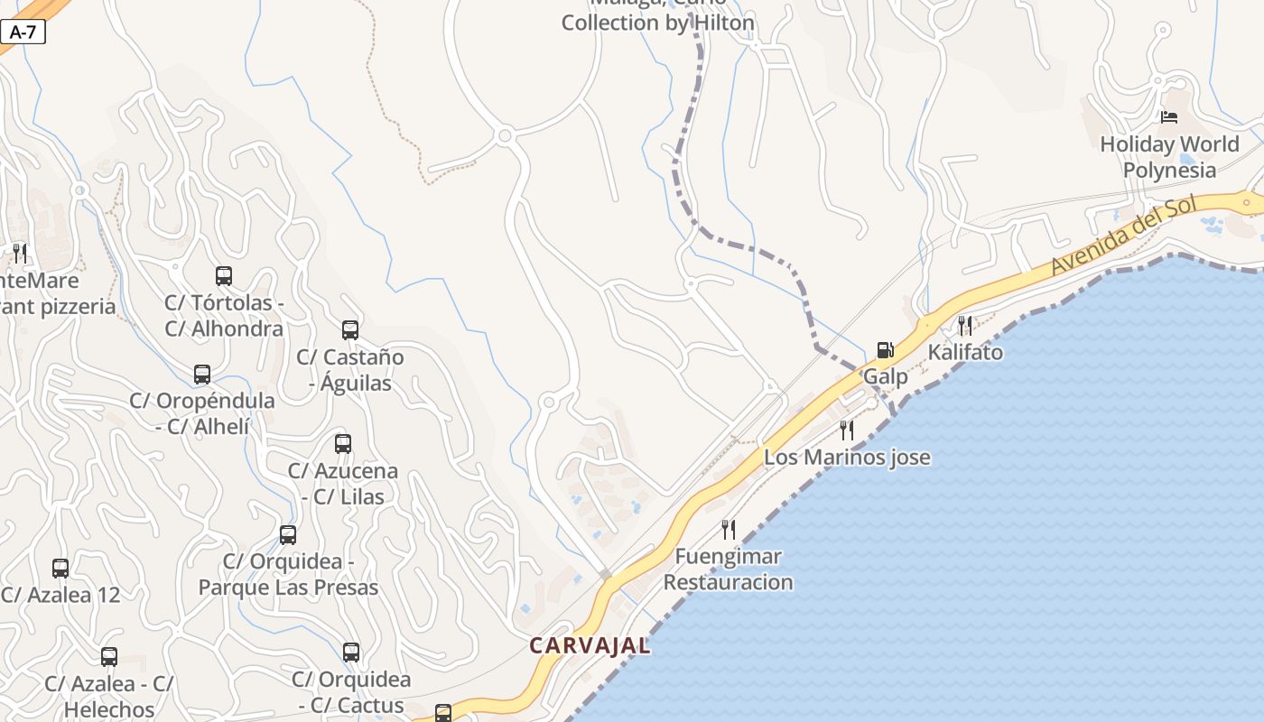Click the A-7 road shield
click(x=23, y=32)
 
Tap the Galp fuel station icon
click(x=886, y=350)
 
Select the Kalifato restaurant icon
click(x=965, y=326)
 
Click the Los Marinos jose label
click(x=847, y=458)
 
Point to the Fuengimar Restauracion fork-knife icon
click(x=729, y=530)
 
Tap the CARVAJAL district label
click(x=590, y=645)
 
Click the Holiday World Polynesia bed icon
click(x=1169, y=117)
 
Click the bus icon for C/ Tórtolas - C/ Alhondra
click(x=224, y=276)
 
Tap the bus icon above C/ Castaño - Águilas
click(x=350, y=330)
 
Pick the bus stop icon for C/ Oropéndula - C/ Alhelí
click(x=202, y=374)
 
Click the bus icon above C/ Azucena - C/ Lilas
click(x=343, y=444)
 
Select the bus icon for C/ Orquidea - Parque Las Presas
click(x=288, y=535)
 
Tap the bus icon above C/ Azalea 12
click(x=60, y=569)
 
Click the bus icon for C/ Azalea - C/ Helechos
click(x=109, y=657)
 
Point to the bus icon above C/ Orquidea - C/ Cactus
click(x=351, y=653)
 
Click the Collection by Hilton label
click(x=657, y=23)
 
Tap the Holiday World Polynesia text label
click(x=1169, y=157)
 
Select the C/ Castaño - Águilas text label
click(x=350, y=370)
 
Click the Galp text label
click(x=886, y=376)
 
